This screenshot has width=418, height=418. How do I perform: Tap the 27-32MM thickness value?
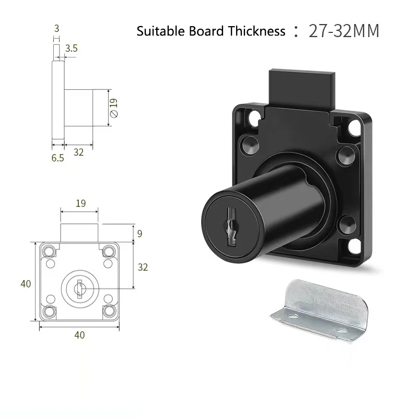pyautogui.click(x=344, y=31)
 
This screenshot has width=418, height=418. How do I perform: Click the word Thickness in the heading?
pyautogui.click(x=257, y=31)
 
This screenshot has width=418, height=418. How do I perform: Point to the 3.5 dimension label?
pyautogui.click(x=72, y=48)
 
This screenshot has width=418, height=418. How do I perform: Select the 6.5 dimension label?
pyautogui.click(x=57, y=158)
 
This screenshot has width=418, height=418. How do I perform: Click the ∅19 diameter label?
pyautogui.click(x=114, y=108)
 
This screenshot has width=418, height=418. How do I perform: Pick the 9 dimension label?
pyautogui.click(x=140, y=234)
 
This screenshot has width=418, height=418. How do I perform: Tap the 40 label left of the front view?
pyautogui.click(x=26, y=284)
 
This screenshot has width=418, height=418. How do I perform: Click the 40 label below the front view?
pyautogui.click(x=79, y=335)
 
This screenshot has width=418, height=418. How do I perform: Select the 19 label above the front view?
pyautogui.click(x=80, y=203)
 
